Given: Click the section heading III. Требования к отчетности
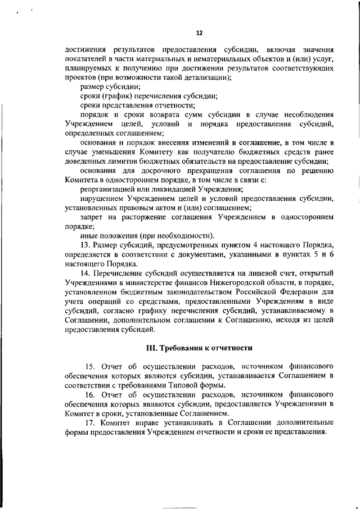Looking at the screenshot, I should coord(198,348).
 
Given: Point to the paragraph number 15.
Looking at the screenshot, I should coord(90,367).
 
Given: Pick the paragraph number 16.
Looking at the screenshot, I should coord(90,394).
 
